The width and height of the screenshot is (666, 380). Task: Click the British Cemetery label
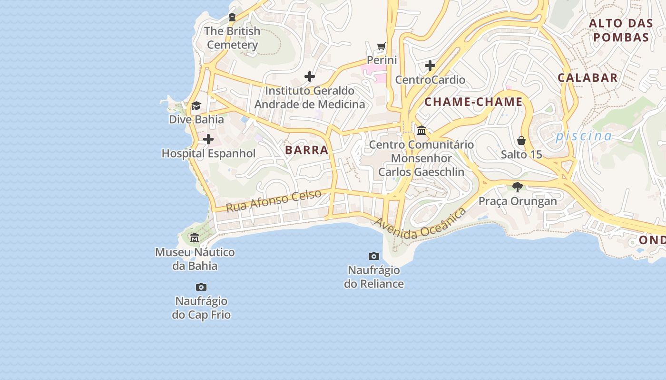tap(233, 38)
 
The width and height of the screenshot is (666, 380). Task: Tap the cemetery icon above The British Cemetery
tap(232, 18)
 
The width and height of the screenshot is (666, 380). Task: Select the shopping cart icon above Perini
tap(381, 46)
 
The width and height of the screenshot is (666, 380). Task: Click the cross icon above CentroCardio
tap(430, 66)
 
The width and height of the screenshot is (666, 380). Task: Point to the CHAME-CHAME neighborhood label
tap(473, 102)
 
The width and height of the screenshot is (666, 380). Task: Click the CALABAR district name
tap(588, 78)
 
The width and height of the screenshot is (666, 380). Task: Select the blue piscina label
tap(584, 136)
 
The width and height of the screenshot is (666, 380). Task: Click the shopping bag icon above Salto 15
tap(521, 141)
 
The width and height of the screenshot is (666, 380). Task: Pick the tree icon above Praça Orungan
tap(518, 187)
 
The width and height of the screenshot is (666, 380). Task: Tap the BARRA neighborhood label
tap(307, 150)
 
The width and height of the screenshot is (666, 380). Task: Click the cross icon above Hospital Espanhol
tap(208, 139)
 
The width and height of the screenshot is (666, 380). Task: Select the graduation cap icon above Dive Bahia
tap(196, 105)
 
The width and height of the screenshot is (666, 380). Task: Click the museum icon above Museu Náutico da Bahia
tap(195, 237)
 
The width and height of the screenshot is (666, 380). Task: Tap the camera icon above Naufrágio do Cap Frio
tap(201, 287)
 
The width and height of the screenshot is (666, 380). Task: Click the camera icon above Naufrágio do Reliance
tap(374, 256)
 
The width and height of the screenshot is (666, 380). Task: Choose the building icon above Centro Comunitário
tap(421, 130)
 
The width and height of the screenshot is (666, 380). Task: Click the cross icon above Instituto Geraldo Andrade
tap(310, 76)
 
